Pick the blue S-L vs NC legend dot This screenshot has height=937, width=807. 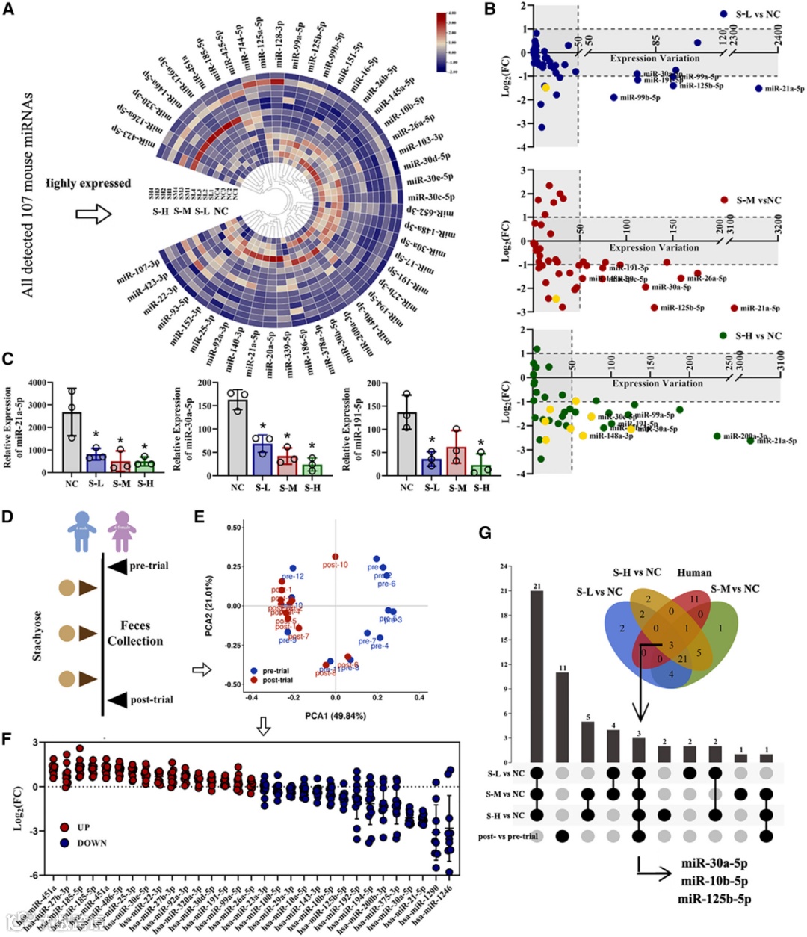click(x=723, y=14)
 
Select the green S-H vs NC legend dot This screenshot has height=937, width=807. click(x=723, y=335)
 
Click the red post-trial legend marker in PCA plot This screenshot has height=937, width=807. click(x=255, y=680)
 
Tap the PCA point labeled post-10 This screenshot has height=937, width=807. click(x=336, y=557)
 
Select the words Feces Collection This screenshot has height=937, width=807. click(x=134, y=633)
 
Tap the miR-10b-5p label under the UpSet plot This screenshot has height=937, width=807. click(x=714, y=882)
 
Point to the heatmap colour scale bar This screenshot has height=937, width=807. click(x=442, y=43)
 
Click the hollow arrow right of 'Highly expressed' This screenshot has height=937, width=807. click(x=93, y=215)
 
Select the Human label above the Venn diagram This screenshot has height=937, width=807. click(x=694, y=572)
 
